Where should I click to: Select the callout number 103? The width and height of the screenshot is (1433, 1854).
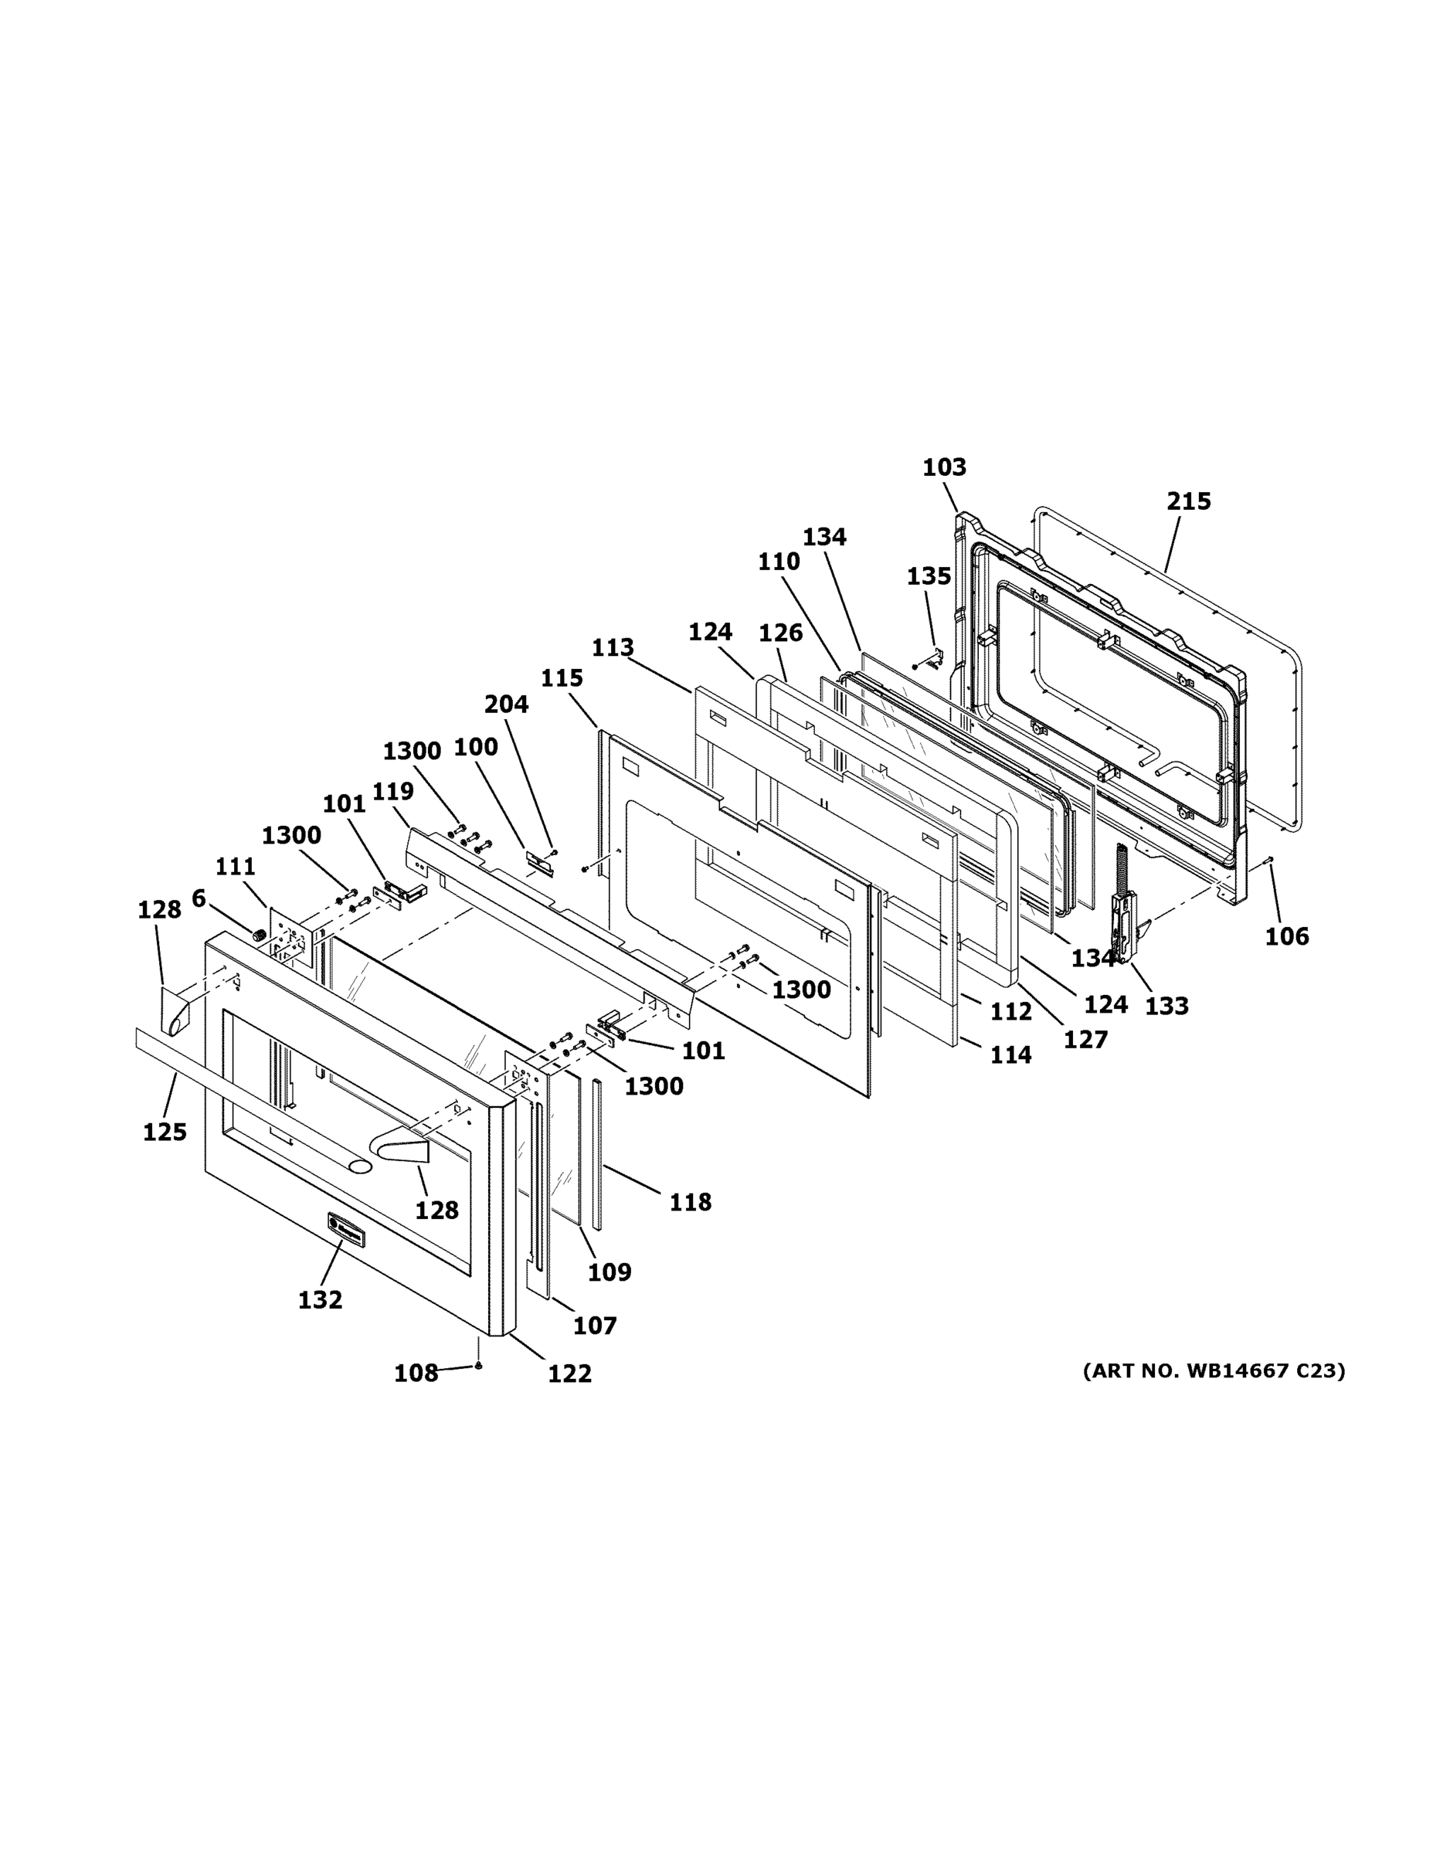click(944, 467)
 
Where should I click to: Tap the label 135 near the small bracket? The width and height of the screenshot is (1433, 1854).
click(928, 576)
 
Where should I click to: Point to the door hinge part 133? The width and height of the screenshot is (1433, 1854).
click(1125, 917)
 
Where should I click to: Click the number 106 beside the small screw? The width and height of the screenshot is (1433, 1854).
click(1286, 937)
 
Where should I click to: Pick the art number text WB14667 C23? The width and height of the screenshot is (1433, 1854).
click(1213, 1371)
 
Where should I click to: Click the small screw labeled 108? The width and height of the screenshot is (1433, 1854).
click(479, 1365)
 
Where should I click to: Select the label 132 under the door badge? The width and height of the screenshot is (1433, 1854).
click(320, 1299)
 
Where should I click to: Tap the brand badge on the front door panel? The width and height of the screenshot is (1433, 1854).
click(345, 1230)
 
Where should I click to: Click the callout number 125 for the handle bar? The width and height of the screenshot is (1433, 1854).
click(165, 1132)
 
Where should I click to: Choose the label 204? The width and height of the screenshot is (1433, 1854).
click(506, 705)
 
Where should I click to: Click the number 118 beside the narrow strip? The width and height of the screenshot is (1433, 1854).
click(689, 1202)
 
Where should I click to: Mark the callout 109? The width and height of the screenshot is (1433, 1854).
click(610, 1272)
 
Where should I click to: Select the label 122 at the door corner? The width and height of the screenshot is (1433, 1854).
click(569, 1374)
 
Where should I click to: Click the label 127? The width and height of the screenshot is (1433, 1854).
click(1086, 1040)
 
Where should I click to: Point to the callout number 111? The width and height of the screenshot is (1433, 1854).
click(235, 867)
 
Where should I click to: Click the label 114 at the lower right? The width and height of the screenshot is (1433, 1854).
click(1010, 1055)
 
